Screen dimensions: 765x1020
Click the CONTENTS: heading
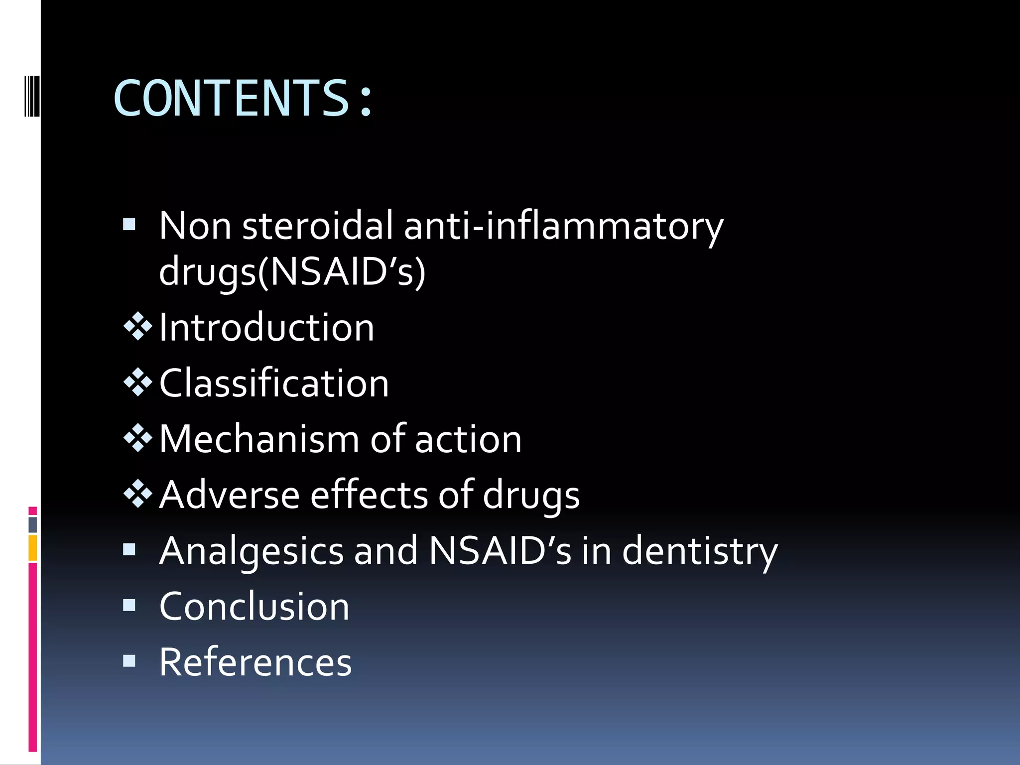tap(243, 98)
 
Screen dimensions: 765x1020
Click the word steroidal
tap(318, 226)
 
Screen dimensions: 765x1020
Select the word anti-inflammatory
tap(563, 226)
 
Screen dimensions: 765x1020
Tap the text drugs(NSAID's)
tap(292, 272)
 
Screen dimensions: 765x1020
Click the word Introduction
tap(266, 328)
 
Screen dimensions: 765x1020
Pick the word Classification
tap(274, 383)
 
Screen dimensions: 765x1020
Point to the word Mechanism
tap(259, 439)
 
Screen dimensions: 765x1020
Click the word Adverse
tap(229, 495)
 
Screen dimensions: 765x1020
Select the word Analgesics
tap(252, 551)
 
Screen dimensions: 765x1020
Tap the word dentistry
tap(700, 551)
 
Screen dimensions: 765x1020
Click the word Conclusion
tap(255, 607)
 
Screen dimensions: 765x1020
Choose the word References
tap(255, 662)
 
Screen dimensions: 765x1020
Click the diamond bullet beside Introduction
tap(137, 326)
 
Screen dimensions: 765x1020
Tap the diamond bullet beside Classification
tap(137, 382)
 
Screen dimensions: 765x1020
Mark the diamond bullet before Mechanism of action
tap(137, 438)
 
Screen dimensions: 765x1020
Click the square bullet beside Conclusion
tap(129, 605)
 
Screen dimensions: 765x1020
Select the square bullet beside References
tap(129, 661)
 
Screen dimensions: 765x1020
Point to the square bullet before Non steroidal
tap(129, 225)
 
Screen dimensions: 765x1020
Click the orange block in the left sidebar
tap(33, 548)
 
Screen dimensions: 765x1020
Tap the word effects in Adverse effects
tap(369, 495)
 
